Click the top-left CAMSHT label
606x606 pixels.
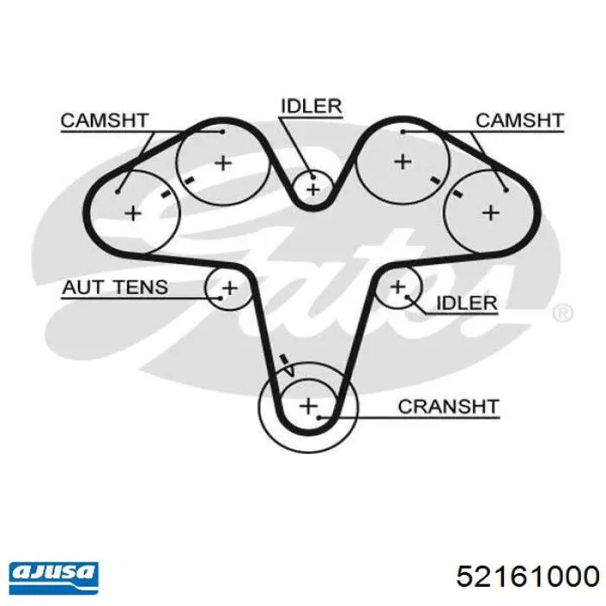[105, 120]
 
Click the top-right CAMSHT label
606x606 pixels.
[519, 120]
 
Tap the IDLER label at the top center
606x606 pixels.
[311, 106]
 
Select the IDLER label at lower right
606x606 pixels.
[467, 303]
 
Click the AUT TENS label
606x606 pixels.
[115, 287]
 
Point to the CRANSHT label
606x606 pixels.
[448, 407]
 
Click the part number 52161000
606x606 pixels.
[527, 577]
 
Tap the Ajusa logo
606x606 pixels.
[54, 577]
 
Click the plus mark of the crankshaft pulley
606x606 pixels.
[308, 406]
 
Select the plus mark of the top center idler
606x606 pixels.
[313, 190]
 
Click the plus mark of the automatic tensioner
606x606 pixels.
[230, 288]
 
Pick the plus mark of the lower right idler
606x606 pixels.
[397, 287]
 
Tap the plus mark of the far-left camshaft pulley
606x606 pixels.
[133, 213]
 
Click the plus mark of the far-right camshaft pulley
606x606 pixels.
[491, 213]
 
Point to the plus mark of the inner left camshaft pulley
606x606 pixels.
[223, 163]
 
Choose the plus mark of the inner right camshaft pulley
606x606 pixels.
[403, 162]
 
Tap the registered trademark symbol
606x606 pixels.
[563, 313]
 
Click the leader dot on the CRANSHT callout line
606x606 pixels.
[319, 417]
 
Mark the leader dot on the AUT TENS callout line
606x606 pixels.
[220, 298]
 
